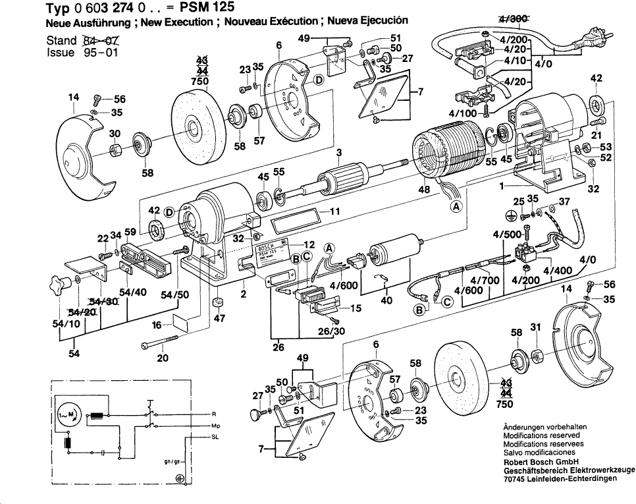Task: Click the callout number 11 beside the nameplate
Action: [x=334, y=213]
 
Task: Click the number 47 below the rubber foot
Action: [x=219, y=319]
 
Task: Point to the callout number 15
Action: [x=356, y=308]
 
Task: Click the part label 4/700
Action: [x=488, y=280]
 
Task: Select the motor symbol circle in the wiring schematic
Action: [x=66, y=415]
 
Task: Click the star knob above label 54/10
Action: [x=59, y=285]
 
